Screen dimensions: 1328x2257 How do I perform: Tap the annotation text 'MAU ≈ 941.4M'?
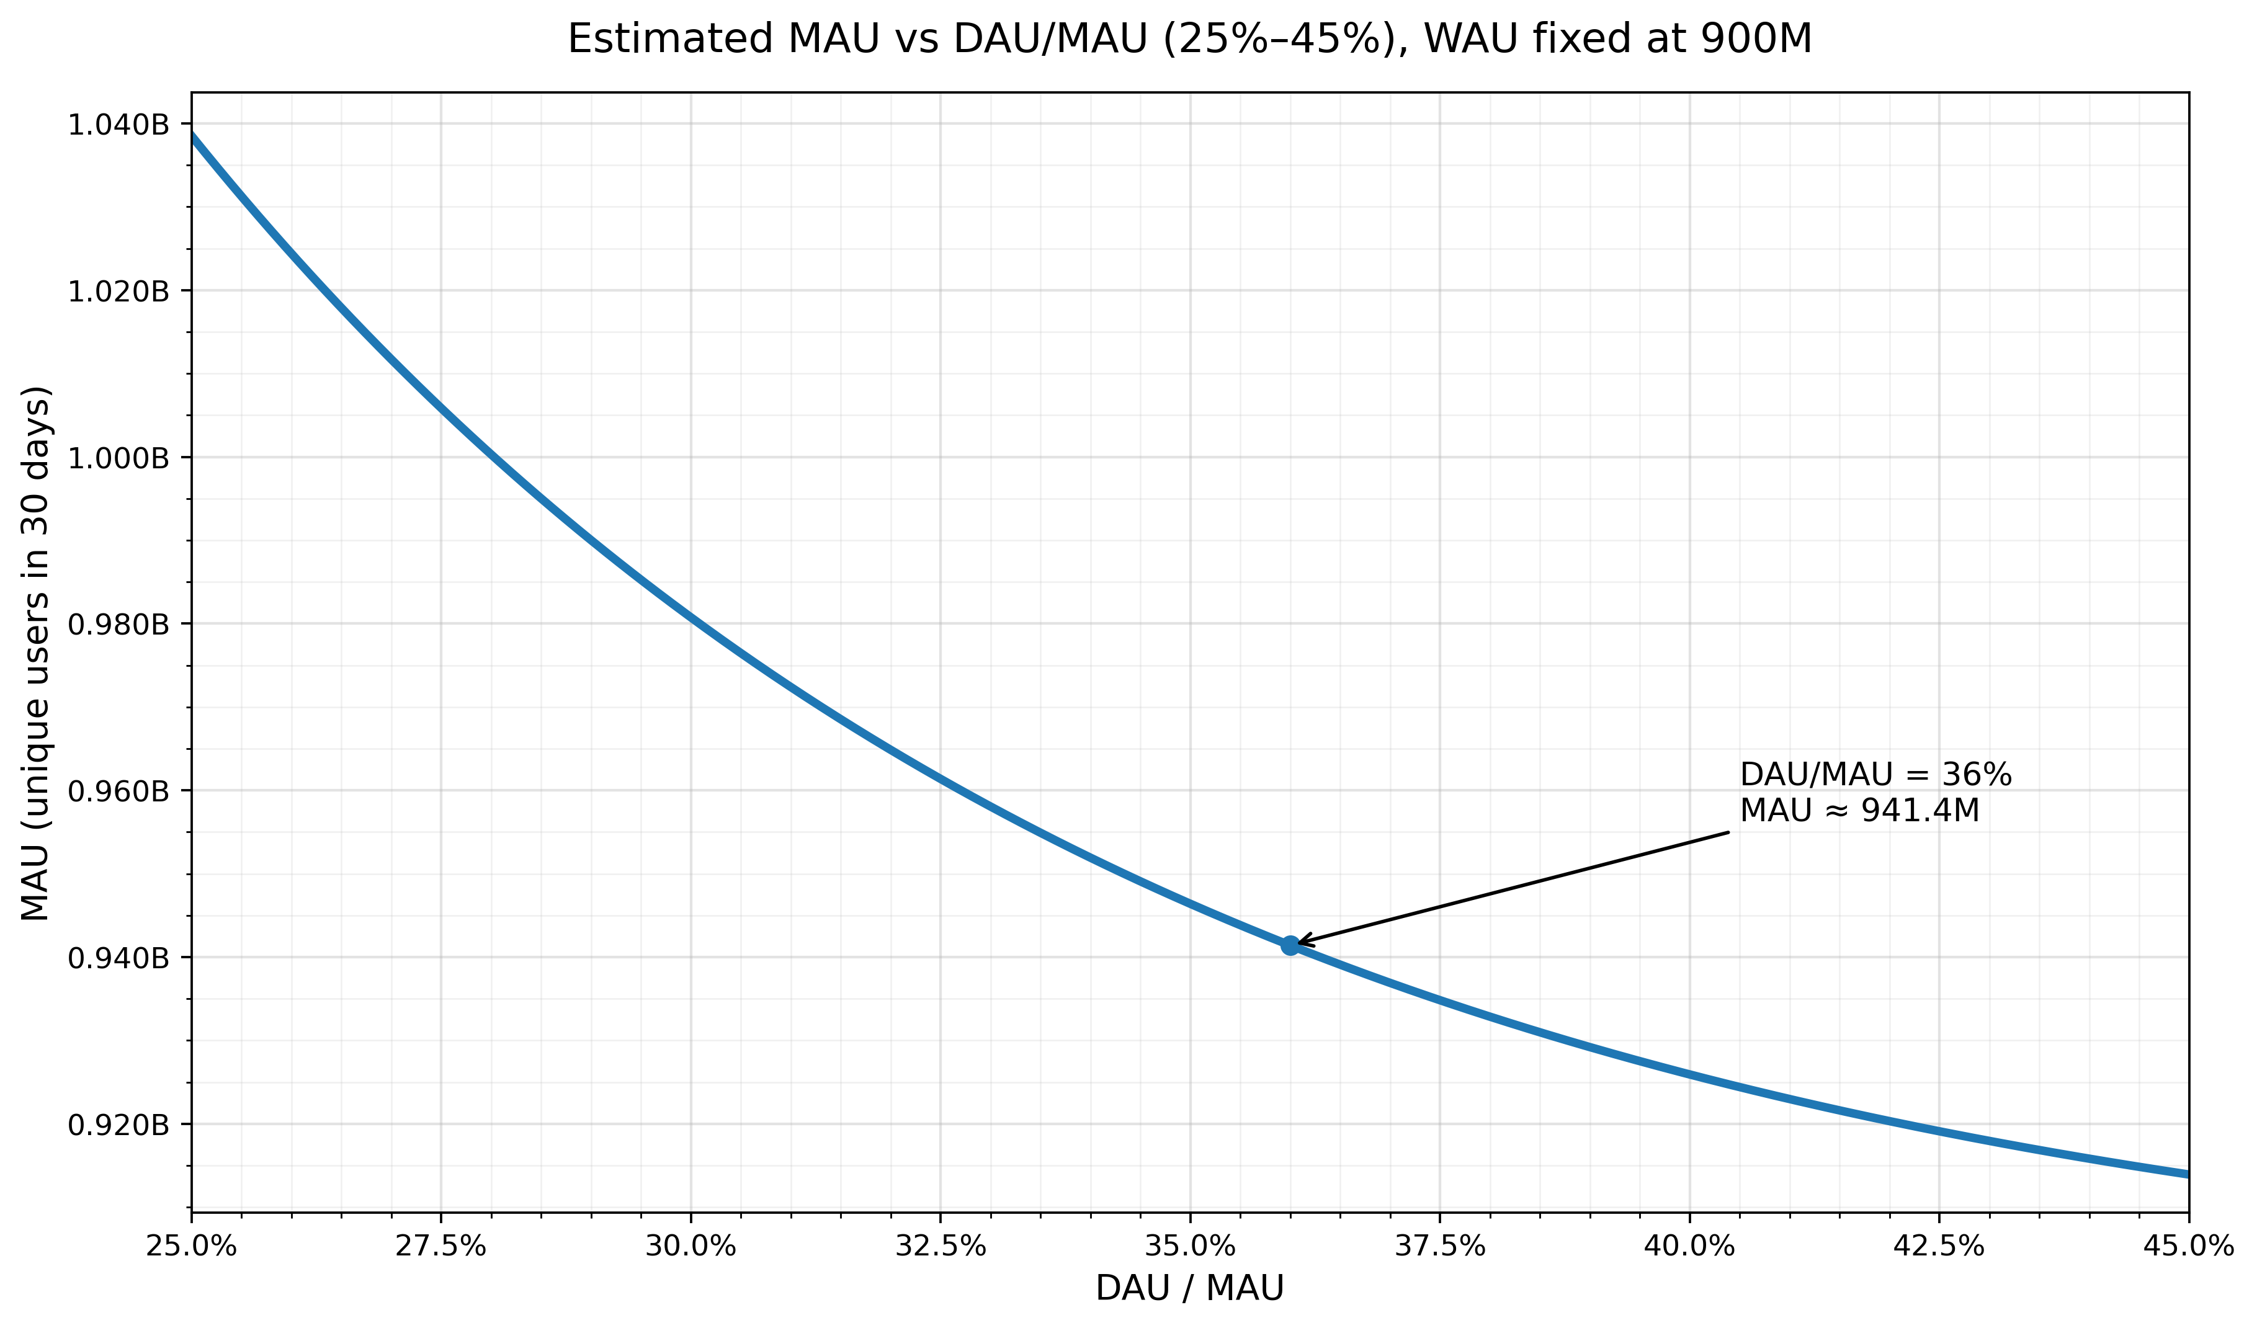[1859, 811]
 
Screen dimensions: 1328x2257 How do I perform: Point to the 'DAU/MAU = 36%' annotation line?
[1875, 775]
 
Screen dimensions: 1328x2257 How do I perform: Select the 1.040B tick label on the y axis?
[118, 125]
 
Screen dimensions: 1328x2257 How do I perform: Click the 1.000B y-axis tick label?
[118, 458]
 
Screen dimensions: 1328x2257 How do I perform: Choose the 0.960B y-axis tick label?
[118, 791]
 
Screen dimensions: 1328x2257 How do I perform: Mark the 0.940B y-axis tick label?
[118, 958]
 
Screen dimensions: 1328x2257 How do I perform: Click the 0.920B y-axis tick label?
[118, 1125]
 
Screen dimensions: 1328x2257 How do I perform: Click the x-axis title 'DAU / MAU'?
[1189, 1288]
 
